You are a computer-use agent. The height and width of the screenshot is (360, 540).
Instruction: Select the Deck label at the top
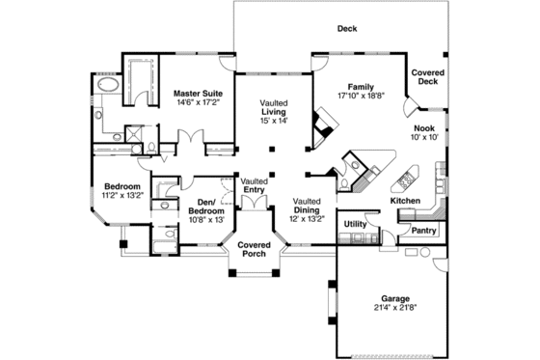pyautogui.click(x=347, y=29)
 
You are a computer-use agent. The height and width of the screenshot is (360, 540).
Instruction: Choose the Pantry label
pyautogui.click(x=424, y=231)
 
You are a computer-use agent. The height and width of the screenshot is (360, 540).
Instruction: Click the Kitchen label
pyautogui.click(x=405, y=200)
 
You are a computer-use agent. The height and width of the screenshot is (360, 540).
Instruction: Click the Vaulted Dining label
pyautogui.click(x=307, y=207)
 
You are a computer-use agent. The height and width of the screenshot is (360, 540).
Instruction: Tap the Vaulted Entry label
pyautogui.click(x=255, y=185)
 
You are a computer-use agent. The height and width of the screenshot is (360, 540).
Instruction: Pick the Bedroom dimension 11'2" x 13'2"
pyautogui.click(x=122, y=194)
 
